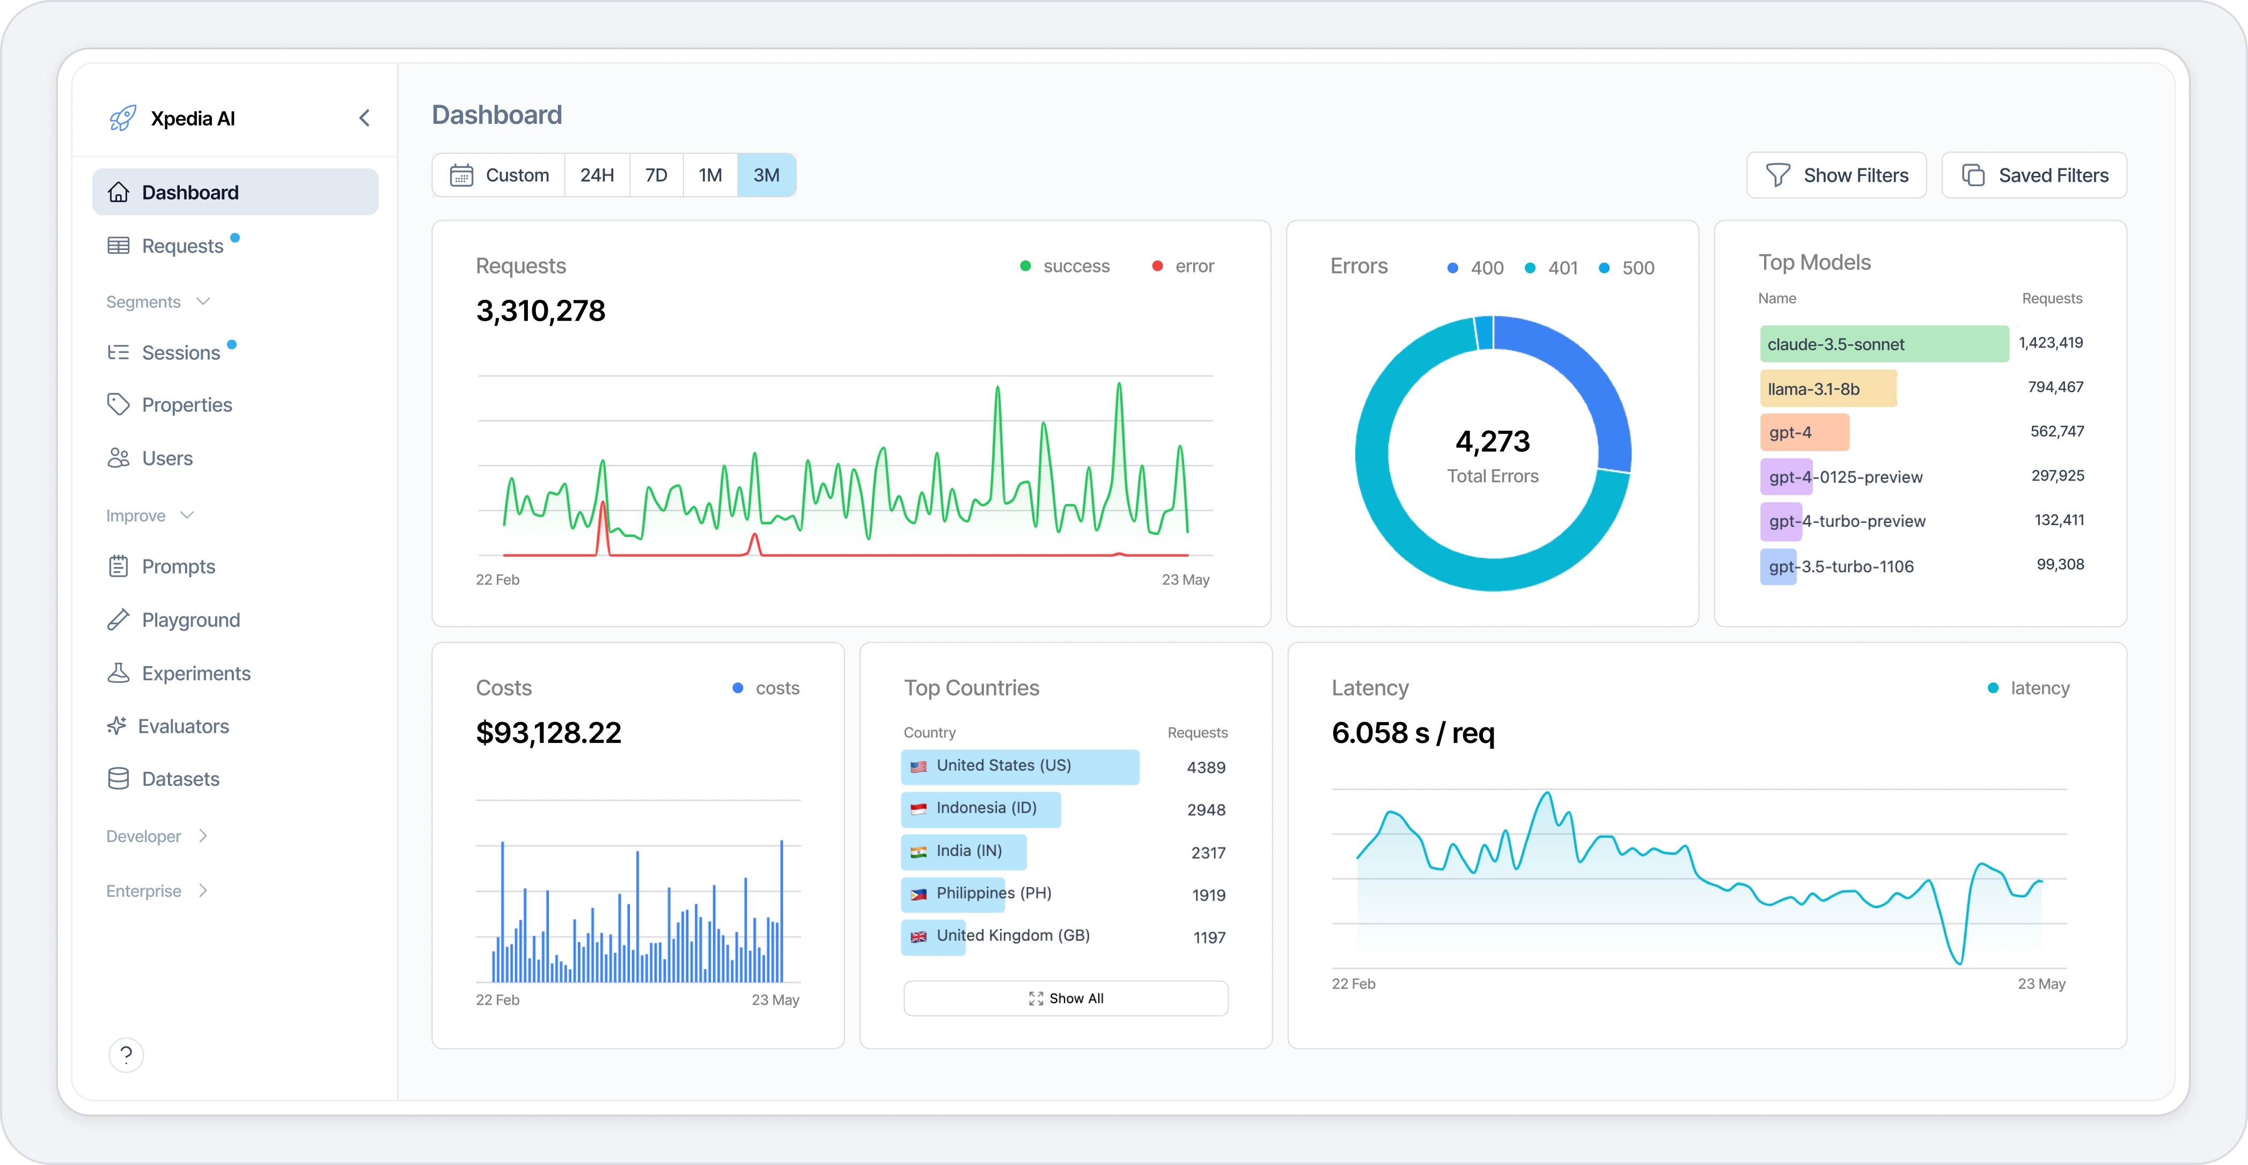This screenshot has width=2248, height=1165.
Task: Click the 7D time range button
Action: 656,175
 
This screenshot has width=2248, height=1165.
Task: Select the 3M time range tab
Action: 766,175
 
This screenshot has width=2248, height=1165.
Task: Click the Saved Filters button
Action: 2033,175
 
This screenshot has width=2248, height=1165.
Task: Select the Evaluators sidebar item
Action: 183,726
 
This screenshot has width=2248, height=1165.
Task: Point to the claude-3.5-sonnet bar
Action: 1883,344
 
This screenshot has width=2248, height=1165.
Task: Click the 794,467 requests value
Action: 2055,387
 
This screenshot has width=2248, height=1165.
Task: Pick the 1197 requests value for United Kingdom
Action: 1209,937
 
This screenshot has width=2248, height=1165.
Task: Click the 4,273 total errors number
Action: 1492,441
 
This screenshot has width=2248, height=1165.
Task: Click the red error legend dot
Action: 1157,266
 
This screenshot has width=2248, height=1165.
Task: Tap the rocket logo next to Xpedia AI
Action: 122,119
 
